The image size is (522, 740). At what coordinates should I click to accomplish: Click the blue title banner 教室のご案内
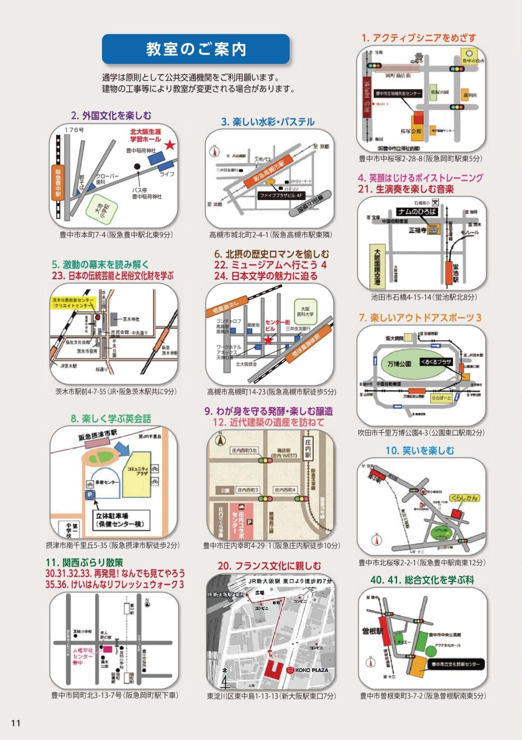point(196,49)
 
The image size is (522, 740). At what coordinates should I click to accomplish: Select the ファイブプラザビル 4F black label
point(281,196)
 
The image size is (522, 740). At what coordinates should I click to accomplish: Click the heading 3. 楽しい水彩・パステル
point(268,122)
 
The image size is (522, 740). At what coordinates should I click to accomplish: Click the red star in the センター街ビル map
point(268,340)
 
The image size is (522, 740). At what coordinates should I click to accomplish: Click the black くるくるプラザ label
point(436,361)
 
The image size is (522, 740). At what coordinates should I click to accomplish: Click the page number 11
point(15,723)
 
